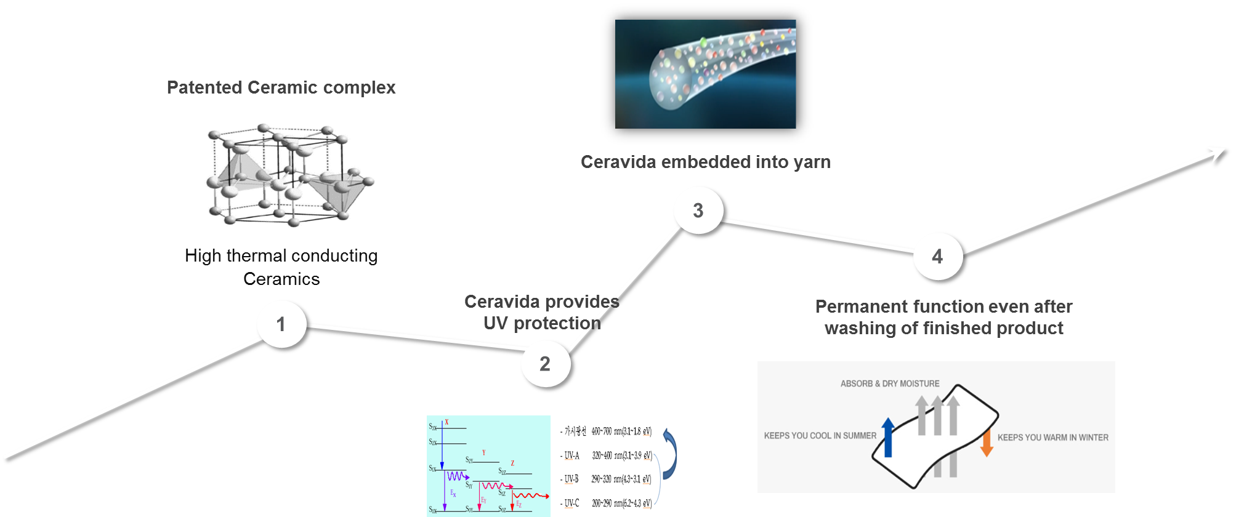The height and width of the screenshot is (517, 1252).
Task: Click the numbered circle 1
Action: [281, 324]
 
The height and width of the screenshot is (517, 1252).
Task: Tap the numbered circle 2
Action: [545, 364]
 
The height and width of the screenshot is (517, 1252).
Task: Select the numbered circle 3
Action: [698, 210]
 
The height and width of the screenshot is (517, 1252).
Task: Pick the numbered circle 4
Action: [937, 257]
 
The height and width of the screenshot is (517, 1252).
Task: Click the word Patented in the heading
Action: [204, 87]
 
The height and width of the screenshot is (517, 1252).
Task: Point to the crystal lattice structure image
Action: [288, 175]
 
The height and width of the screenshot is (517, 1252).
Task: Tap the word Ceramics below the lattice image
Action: [281, 279]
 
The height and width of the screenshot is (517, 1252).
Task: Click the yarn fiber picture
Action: [706, 74]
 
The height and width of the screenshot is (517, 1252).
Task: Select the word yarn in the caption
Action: [811, 162]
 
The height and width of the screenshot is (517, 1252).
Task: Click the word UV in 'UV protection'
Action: [496, 323]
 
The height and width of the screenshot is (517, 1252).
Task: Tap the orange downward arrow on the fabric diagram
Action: [987, 443]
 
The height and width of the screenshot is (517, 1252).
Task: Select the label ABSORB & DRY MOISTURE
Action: [890, 383]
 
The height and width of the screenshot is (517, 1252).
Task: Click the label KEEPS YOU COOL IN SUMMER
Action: [820, 436]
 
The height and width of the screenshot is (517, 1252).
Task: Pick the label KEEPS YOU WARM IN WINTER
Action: [1052, 438]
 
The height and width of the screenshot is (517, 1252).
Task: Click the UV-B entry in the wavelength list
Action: [571, 479]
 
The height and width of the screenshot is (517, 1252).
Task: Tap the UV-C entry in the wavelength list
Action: [571, 503]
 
